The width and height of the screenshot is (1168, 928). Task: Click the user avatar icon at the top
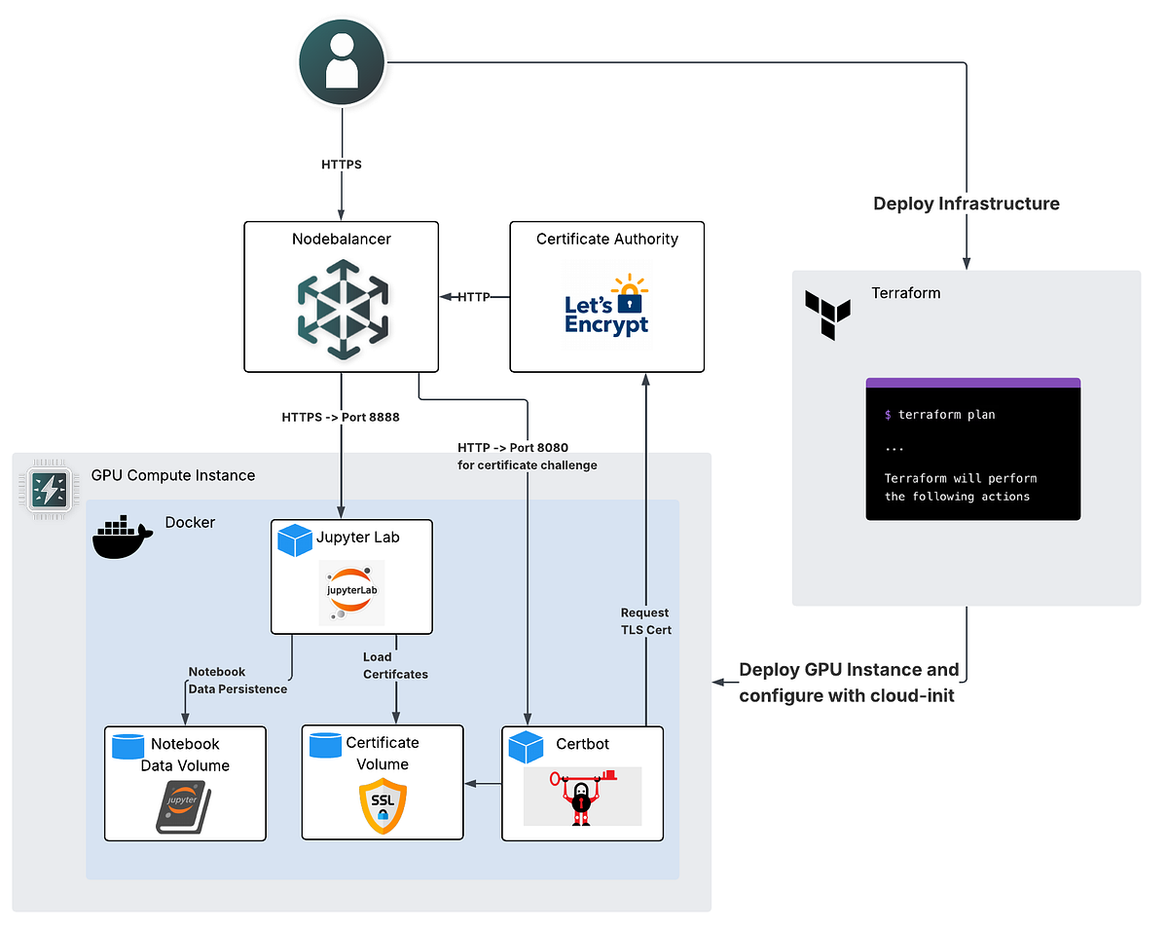[x=342, y=61]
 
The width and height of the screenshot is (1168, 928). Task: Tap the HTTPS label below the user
[x=342, y=165]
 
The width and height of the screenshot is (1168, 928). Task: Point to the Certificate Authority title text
[x=606, y=239]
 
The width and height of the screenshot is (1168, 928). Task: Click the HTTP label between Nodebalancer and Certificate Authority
[x=474, y=297]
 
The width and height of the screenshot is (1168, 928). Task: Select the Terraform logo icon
[x=827, y=314]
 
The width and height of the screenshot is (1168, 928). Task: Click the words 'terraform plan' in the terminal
[x=946, y=415]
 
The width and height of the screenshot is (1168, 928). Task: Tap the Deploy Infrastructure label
[x=966, y=204]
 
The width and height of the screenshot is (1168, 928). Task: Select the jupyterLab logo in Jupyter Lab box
[x=351, y=592]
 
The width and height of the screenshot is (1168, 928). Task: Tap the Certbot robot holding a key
[x=581, y=797]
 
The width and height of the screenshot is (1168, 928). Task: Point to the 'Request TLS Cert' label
[x=645, y=621]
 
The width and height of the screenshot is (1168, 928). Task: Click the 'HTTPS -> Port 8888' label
[x=341, y=417]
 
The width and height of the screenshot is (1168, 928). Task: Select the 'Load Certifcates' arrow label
[x=395, y=665]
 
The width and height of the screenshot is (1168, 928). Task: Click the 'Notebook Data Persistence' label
[x=237, y=680]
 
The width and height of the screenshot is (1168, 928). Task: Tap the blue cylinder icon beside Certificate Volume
[x=325, y=745]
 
